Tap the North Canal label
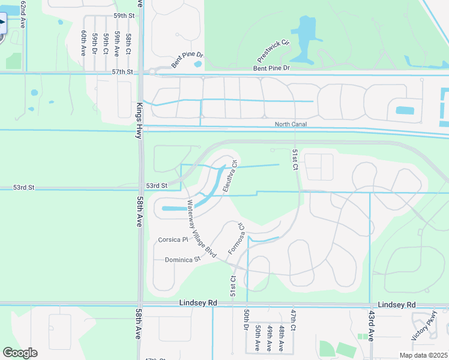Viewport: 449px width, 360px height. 292,124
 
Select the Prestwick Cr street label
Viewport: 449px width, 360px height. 273,52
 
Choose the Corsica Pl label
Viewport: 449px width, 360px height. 173,239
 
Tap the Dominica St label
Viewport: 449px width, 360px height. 182,260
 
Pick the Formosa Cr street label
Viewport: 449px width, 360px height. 237,239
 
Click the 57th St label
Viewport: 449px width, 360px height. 122,71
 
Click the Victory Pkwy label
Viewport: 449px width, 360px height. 424,329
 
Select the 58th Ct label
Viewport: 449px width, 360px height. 128,44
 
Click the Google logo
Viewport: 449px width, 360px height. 20,353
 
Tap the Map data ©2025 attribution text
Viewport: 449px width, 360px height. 423,355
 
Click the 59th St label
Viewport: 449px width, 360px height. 122,15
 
